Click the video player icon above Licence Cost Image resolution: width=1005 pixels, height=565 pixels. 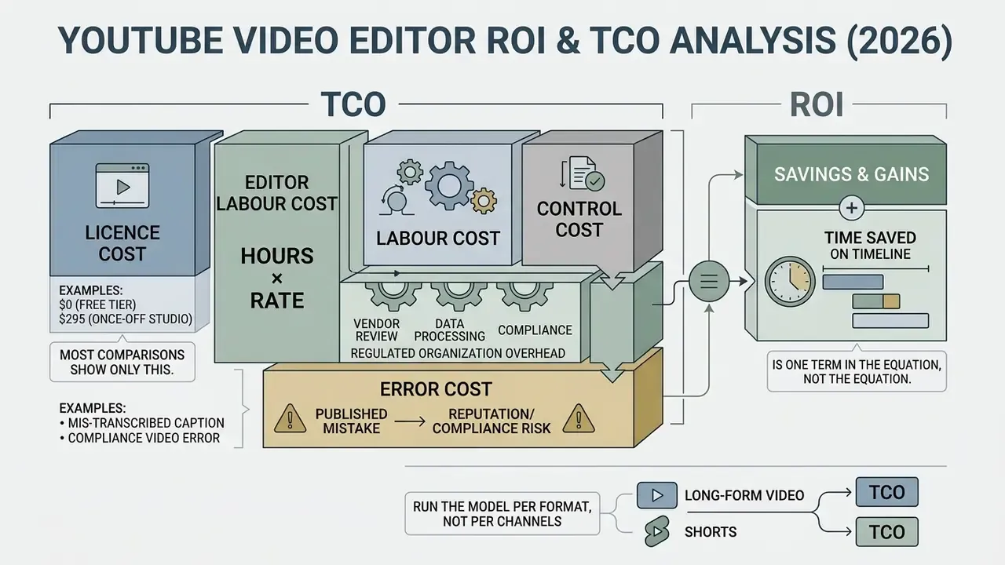(122, 185)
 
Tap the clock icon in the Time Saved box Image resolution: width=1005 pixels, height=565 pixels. (790, 282)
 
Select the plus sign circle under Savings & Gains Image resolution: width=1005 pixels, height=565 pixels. (852, 208)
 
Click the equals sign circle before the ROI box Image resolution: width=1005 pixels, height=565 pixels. (709, 281)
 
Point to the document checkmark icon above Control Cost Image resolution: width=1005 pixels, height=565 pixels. (583, 173)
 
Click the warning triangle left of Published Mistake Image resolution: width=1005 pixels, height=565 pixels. (291, 418)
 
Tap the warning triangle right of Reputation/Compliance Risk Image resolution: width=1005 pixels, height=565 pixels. (579, 418)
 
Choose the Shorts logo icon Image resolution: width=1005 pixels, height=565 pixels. (657, 531)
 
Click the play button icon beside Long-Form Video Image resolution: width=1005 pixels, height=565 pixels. (657, 495)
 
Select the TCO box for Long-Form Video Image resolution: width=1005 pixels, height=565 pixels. (886, 492)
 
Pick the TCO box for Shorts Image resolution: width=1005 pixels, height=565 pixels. (886, 532)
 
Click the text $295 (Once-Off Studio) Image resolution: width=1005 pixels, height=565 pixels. (126, 319)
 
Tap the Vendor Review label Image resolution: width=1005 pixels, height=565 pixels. (376, 330)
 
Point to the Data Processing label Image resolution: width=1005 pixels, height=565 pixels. (450, 330)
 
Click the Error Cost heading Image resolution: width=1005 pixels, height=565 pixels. (436, 388)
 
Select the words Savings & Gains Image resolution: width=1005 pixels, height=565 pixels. (852, 174)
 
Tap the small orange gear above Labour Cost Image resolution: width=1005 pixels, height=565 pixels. (484, 201)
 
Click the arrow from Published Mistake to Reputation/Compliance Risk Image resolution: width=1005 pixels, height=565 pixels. (410, 421)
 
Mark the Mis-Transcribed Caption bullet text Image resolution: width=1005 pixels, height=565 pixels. (142, 423)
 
